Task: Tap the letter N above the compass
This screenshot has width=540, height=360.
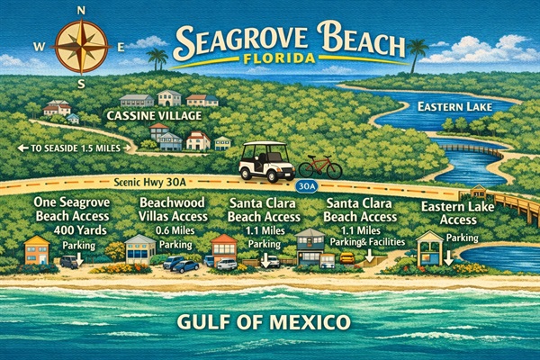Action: point(82,10)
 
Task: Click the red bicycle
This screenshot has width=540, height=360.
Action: point(319,166)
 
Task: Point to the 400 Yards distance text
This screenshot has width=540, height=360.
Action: point(76,231)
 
